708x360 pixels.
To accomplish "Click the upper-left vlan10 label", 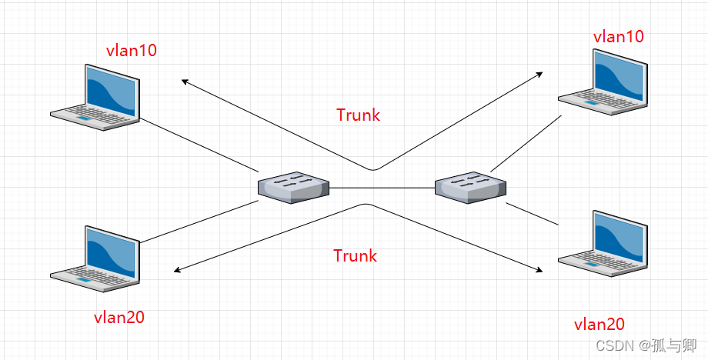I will click(131, 52).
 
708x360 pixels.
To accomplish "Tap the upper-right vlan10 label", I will click(618, 36).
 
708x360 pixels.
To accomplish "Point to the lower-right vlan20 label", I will click(599, 325).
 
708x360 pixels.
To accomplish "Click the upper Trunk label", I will click(358, 115).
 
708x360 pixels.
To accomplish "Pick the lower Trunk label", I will click(355, 255).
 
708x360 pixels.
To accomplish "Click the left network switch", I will click(293, 187).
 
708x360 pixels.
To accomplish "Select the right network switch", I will click(470, 187).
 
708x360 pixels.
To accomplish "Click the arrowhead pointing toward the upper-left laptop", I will click(184, 80).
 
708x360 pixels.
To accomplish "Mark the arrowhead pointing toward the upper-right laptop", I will click(540, 74).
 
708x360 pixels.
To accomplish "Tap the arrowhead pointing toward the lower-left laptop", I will click(178, 270).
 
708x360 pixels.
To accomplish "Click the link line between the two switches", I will click(382, 187).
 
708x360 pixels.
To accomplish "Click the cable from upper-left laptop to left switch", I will click(198, 145).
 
